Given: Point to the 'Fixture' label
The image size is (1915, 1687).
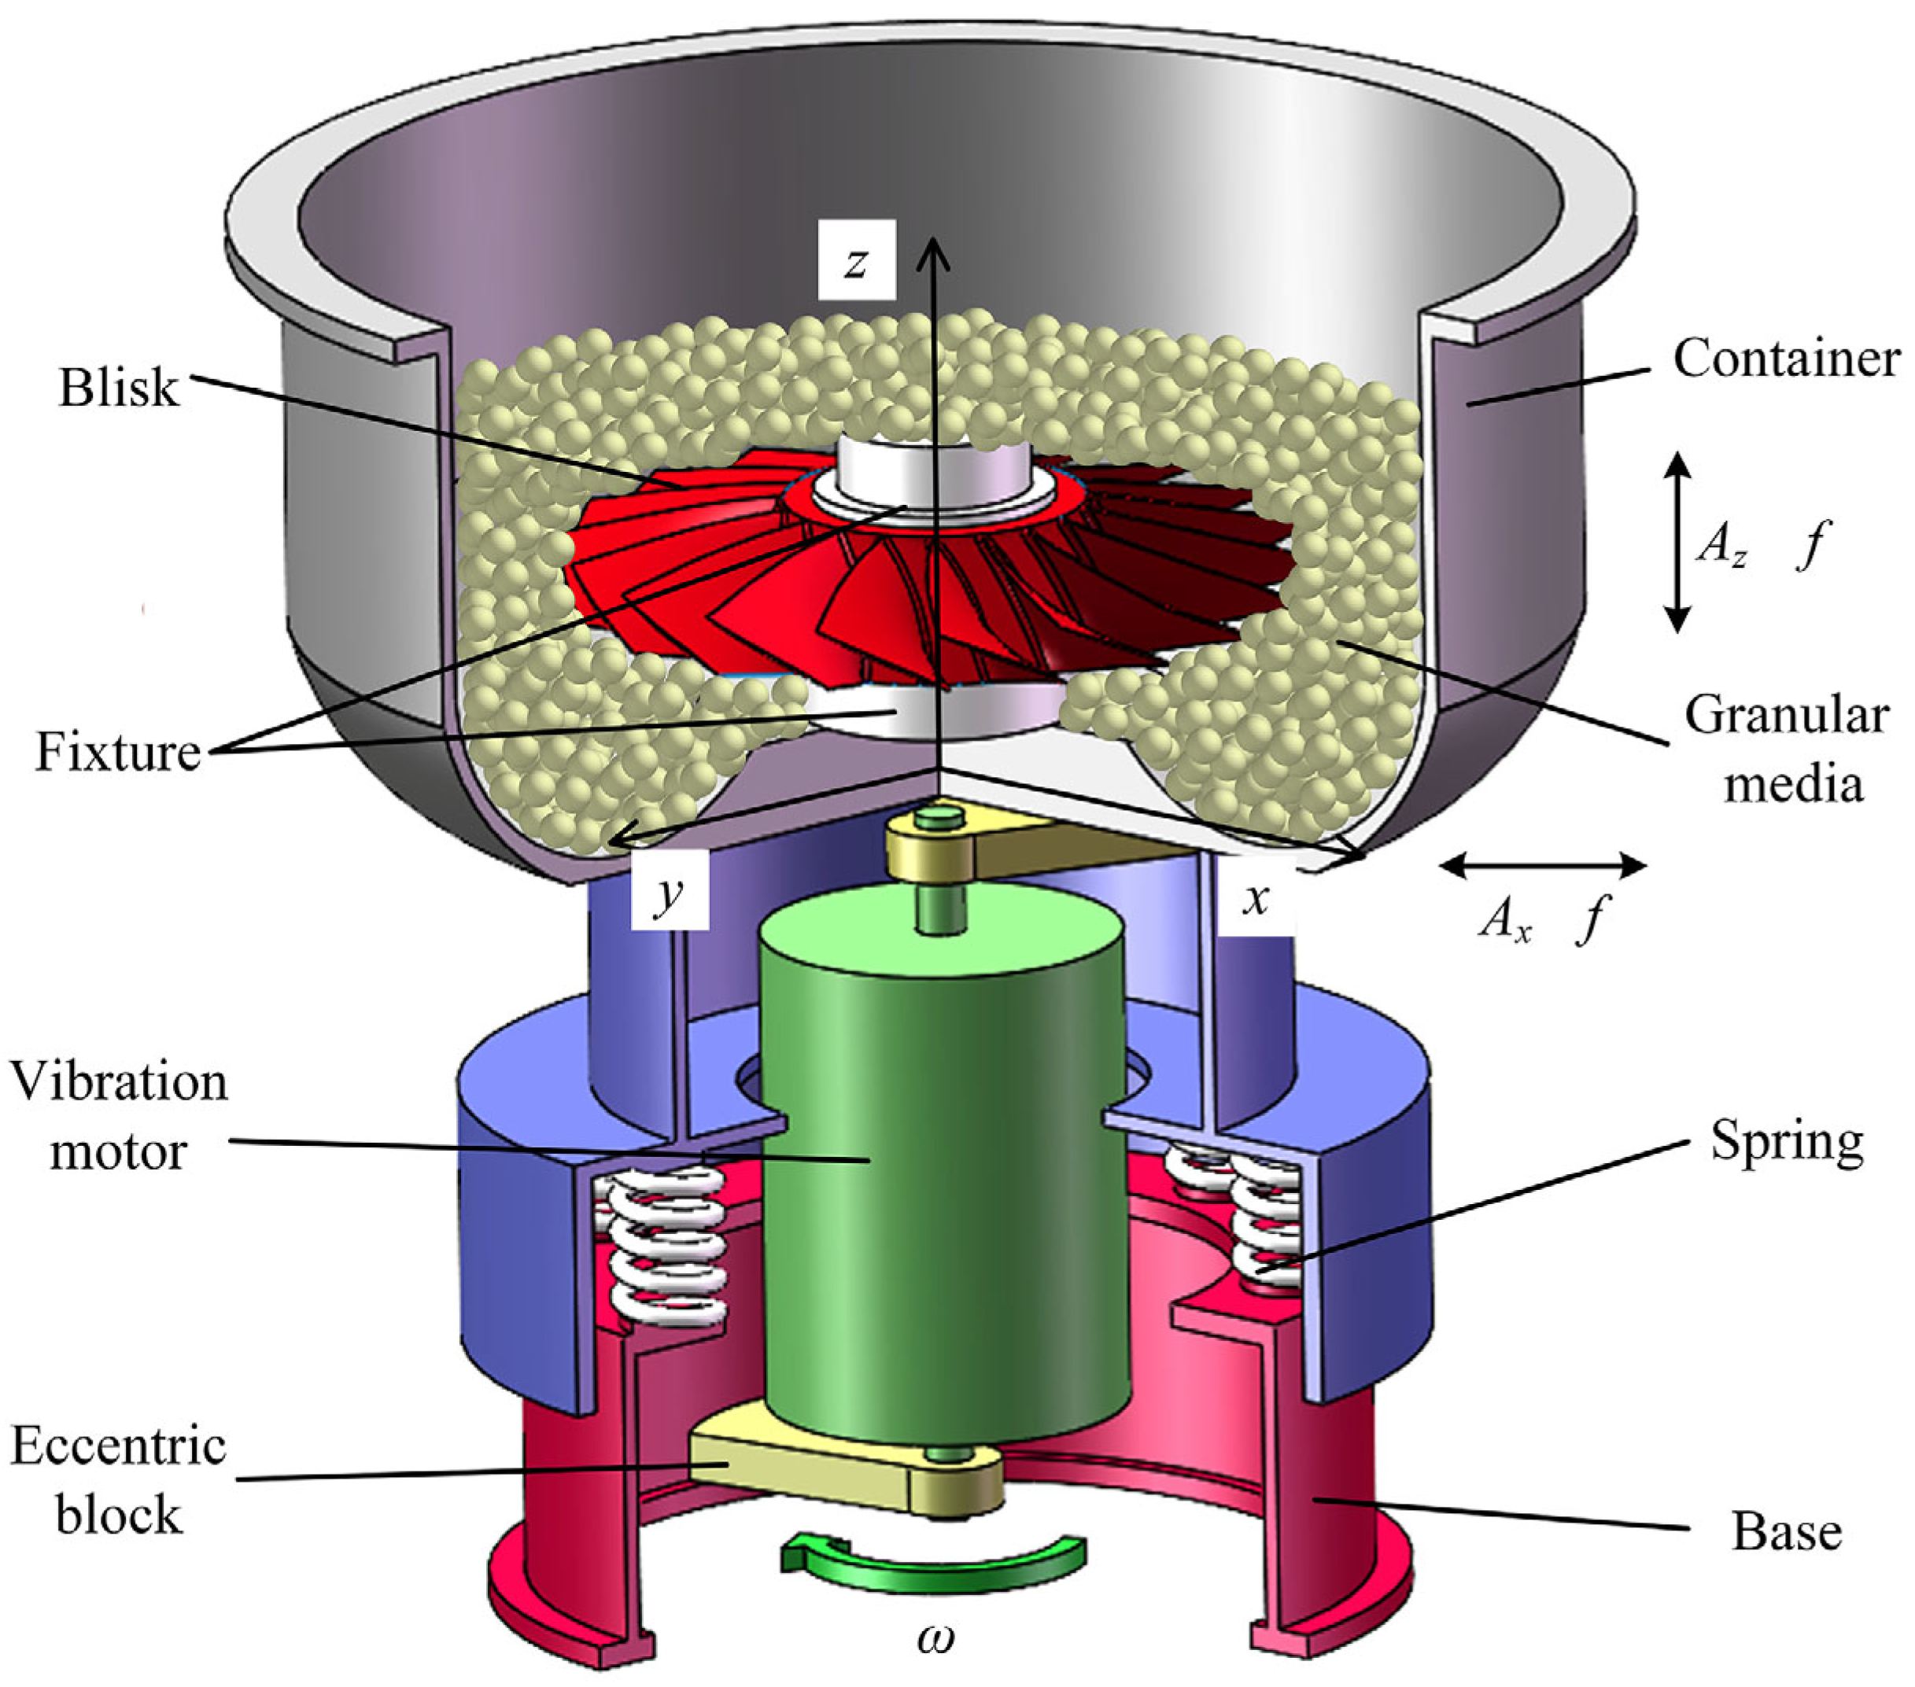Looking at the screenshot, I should point(118,751).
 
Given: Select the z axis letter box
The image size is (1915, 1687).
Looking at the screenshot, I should point(855,260).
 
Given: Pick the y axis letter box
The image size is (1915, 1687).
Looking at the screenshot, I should point(669,892).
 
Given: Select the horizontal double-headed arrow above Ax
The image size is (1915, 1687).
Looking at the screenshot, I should point(1542,865).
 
